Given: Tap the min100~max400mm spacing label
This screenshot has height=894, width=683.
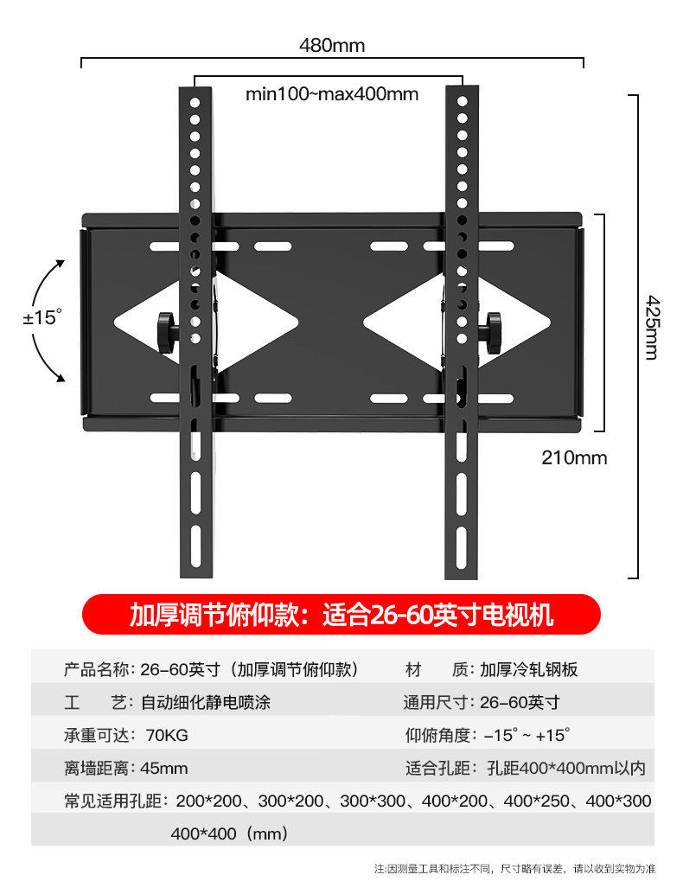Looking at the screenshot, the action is (x=332, y=93).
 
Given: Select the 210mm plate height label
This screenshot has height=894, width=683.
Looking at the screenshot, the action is (x=574, y=457).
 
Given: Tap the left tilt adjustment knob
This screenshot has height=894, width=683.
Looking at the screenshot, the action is (x=167, y=329).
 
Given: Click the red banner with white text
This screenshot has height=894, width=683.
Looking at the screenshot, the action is (x=341, y=616).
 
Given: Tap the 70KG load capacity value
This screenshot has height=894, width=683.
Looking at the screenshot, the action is (x=167, y=736).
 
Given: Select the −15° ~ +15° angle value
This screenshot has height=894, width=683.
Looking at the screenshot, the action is (x=527, y=736).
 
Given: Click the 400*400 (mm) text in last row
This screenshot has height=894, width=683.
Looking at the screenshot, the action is (x=229, y=834).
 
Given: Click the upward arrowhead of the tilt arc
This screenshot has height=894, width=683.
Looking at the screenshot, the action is (x=60, y=260).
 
